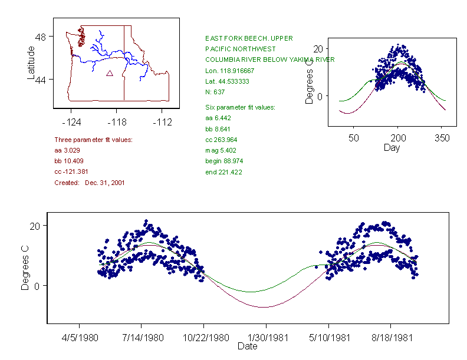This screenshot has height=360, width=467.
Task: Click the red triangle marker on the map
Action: tap(110, 74)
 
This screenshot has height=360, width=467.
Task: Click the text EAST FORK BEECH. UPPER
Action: tap(248, 38)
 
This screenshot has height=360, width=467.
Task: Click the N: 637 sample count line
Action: tap(216, 92)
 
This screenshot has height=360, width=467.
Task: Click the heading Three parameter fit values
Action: tap(93, 140)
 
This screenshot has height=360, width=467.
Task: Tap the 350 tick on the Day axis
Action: tap(442, 138)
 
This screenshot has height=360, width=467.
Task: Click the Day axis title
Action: tap(392, 147)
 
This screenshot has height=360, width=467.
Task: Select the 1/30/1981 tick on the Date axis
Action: tap(267, 338)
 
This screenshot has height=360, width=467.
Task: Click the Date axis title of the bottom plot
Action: tap(248, 346)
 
